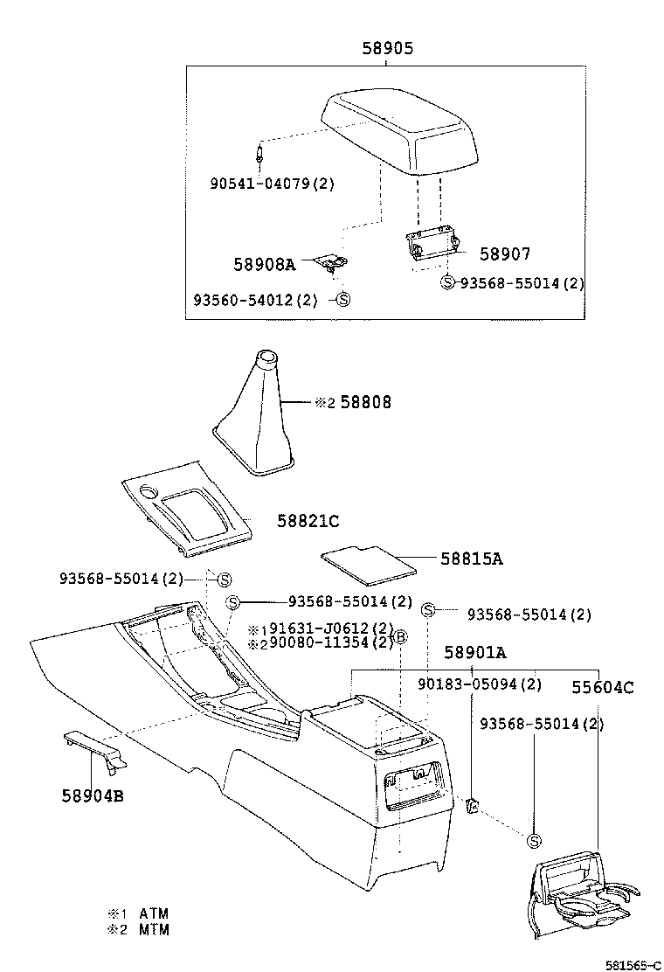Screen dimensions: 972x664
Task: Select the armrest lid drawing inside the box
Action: coord(401,131)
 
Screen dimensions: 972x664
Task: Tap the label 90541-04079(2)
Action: coord(272,184)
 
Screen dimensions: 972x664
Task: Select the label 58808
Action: coord(365,402)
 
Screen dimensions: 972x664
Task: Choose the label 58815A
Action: coord(471,559)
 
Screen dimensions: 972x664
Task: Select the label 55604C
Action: coord(603,687)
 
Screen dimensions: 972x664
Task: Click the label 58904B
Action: coord(92,795)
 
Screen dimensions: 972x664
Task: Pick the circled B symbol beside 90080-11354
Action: coord(401,636)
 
